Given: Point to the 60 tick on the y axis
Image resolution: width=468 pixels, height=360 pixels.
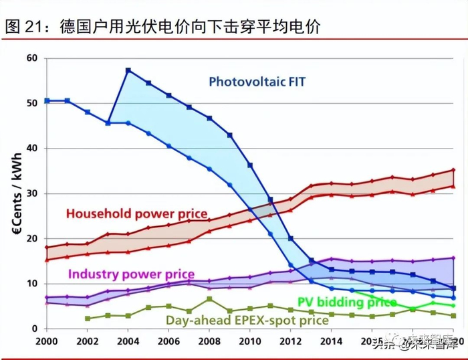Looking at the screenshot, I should click(x=31, y=58).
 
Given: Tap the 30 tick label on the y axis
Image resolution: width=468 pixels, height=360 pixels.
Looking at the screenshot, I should click(x=31, y=193).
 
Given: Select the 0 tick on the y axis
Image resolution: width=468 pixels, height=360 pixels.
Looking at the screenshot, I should click(x=35, y=329).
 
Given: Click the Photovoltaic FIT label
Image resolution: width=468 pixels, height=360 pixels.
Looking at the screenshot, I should click(x=257, y=82).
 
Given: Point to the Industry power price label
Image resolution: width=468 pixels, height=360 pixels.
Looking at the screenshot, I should click(x=131, y=274).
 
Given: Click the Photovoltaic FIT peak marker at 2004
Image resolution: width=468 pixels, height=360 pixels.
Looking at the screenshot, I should click(x=128, y=70).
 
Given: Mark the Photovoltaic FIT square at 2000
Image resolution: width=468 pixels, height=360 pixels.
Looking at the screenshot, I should click(x=46, y=100).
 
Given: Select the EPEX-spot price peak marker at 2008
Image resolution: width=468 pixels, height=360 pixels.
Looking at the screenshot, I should click(x=209, y=299).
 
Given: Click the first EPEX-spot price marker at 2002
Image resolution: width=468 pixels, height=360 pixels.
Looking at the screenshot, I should click(x=88, y=319).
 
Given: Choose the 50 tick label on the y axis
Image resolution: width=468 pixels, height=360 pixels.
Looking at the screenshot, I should click(x=31, y=103).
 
